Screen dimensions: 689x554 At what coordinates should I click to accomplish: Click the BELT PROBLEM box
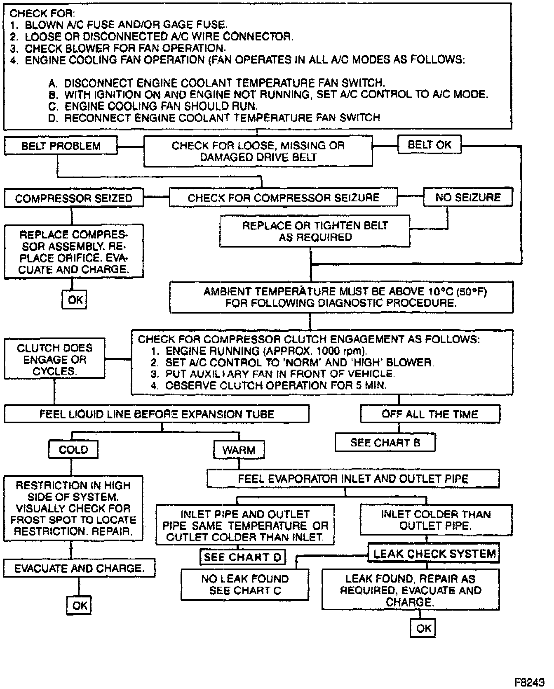click(x=61, y=146)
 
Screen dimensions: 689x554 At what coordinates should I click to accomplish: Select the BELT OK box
click(x=430, y=145)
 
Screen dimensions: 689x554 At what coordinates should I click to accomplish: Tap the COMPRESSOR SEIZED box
click(x=73, y=198)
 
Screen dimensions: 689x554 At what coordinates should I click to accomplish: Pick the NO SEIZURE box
click(x=468, y=197)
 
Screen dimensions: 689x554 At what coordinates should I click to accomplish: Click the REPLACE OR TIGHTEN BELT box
click(x=315, y=231)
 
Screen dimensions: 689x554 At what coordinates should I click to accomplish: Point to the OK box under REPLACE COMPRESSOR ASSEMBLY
click(x=75, y=300)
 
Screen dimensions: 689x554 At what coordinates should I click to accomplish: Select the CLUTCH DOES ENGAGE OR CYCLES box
click(x=54, y=359)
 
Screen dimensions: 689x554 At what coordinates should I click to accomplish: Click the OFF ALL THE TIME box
click(x=430, y=414)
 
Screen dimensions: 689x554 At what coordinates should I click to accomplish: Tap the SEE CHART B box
click(x=385, y=443)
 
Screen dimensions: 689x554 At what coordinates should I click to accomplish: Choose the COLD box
click(x=73, y=450)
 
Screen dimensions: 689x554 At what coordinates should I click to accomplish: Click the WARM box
click(x=239, y=450)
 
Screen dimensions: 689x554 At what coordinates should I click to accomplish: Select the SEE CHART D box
click(x=242, y=557)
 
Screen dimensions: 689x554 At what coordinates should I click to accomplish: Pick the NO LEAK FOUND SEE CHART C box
click(x=245, y=585)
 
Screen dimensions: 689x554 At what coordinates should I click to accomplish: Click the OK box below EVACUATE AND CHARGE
click(x=79, y=605)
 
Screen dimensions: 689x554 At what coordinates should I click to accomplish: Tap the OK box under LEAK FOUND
click(x=423, y=628)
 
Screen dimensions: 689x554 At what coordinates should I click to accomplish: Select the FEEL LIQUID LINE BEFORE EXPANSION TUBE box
click(x=157, y=414)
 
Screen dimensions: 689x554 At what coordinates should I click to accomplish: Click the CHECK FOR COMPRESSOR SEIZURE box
click(x=283, y=198)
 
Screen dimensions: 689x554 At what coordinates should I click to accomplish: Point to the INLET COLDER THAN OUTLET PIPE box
click(x=436, y=520)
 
